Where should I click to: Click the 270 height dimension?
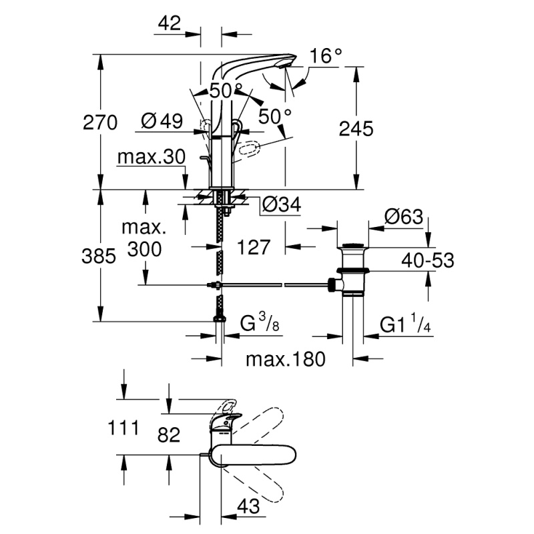[100, 123]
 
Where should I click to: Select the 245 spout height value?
[356, 129]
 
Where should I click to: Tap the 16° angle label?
[325, 56]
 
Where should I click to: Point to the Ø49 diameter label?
[162, 121]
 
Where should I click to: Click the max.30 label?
[152, 157]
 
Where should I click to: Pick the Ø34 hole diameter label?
[282, 205]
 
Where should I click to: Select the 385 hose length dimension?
[99, 256]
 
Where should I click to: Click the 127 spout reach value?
[254, 247]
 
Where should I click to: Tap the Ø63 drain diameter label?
[404, 216]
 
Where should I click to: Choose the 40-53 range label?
[428, 261]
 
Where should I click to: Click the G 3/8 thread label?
[260, 323]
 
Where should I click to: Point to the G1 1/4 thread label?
[405, 324]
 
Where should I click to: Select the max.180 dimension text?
[286, 359]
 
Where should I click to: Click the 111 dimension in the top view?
[123, 428]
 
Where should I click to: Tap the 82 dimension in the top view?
[169, 435]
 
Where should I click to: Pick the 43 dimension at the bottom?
[248, 507]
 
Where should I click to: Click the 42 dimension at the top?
[170, 23]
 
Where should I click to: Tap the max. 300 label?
[144, 238]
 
